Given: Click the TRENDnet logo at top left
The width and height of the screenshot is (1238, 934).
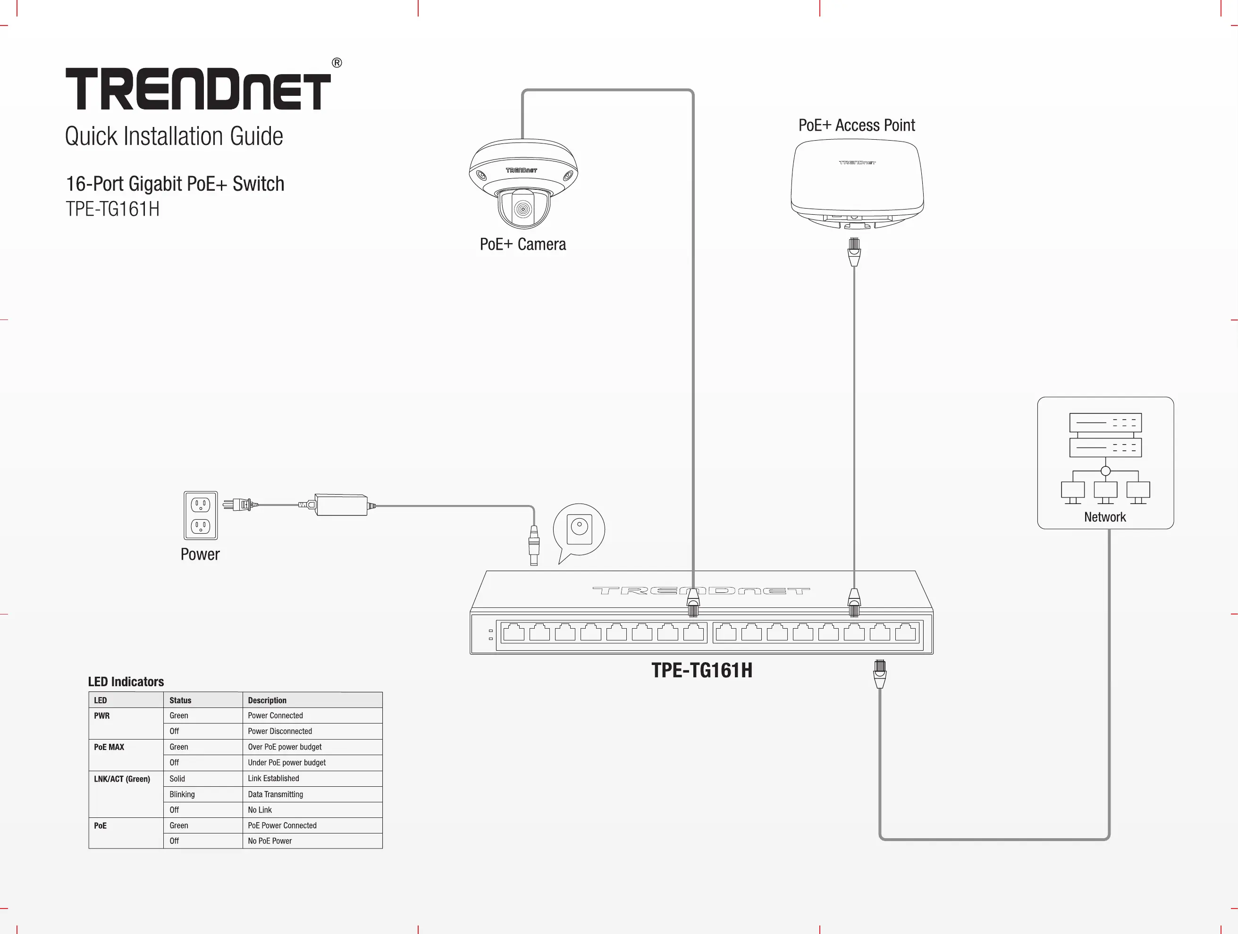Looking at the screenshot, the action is click(x=198, y=88).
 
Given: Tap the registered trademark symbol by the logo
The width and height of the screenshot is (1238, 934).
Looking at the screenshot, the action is click(x=337, y=63).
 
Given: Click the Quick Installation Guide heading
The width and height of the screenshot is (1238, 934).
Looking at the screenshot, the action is click(x=174, y=136).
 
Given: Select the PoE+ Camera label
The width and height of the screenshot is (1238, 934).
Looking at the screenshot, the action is click(x=523, y=244).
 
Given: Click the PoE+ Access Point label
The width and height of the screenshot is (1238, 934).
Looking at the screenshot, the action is click(x=856, y=126).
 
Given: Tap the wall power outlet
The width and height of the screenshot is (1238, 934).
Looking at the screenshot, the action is click(x=201, y=515).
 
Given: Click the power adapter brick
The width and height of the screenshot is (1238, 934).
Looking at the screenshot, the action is click(x=341, y=505).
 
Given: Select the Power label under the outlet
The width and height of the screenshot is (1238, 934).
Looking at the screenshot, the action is click(x=200, y=554).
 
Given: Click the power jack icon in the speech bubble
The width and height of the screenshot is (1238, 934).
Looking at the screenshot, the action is click(x=579, y=529).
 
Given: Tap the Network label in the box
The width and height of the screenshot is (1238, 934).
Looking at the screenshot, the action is click(x=1105, y=517).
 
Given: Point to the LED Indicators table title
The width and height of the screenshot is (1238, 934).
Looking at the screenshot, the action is click(x=126, y=682).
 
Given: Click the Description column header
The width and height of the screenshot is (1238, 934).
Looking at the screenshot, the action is click(x=267, y=700).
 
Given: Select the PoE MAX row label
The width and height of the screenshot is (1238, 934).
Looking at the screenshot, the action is click(x=109, y=747).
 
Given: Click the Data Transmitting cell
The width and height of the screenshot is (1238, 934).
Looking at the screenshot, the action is click(x=275, y=794).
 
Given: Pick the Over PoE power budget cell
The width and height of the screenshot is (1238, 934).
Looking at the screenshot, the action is click(x=285, y=747).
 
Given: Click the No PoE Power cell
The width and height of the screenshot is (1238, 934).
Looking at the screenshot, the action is click(x=270, y=841).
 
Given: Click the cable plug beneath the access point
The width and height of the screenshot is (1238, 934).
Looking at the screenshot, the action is click(x=854, y=252).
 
